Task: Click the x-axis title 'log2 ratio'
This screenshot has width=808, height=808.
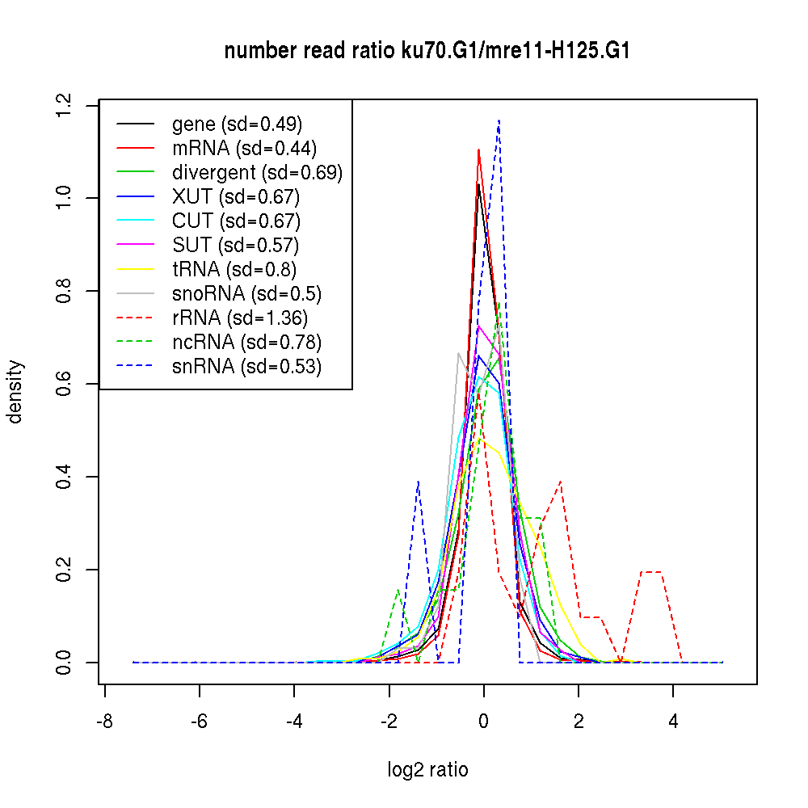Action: click(427, 770)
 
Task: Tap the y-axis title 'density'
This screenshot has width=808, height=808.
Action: click(15, 392)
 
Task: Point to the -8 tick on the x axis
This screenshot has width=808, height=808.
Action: click(104, 722)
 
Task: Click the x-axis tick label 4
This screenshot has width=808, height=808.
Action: click(673, 722)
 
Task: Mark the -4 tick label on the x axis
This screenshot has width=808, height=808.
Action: click(294, 722)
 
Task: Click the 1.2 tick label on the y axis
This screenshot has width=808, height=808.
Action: click(64, 105)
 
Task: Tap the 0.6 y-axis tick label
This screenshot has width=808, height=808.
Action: click(64, 384)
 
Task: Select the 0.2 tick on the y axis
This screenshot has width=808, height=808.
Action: click(64, 570)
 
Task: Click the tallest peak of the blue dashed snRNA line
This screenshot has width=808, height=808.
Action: click(499, 121)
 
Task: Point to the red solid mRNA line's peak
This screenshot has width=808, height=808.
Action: click(479, 149)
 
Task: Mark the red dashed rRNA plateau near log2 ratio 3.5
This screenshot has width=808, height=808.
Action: click(651, 572)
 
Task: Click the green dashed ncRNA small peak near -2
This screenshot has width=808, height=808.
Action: click(398, 590)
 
